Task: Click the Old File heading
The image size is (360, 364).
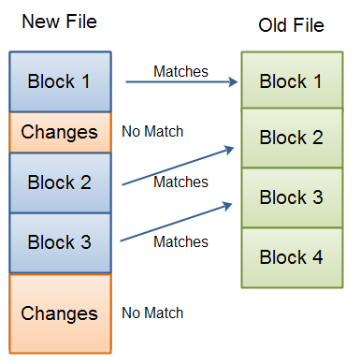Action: tap(291, 25)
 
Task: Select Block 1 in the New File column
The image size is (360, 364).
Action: tap(60, 81)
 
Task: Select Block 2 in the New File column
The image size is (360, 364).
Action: tap(60, 182)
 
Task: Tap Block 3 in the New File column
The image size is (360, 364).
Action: tap(60, 242)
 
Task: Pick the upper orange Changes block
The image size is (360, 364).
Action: tap(60, 132)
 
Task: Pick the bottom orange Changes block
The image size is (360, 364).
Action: tap(60, 313)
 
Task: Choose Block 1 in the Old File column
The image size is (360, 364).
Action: tap(291, 81)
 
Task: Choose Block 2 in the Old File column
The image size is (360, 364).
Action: tap(291, 138)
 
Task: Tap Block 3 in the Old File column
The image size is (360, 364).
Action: tap(291, 197)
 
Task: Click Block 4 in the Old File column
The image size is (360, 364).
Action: tap(291, 256)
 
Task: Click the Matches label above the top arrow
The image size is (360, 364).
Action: tap(180, 71)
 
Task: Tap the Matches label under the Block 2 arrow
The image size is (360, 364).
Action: tap(180, 182)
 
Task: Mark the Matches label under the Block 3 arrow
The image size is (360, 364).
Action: tap(180, 241)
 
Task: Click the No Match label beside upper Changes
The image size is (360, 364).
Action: tap(152, 131)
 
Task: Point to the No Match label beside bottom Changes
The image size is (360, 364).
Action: tap(152, 313)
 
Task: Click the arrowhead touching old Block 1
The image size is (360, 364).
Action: tap(234, 82)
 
